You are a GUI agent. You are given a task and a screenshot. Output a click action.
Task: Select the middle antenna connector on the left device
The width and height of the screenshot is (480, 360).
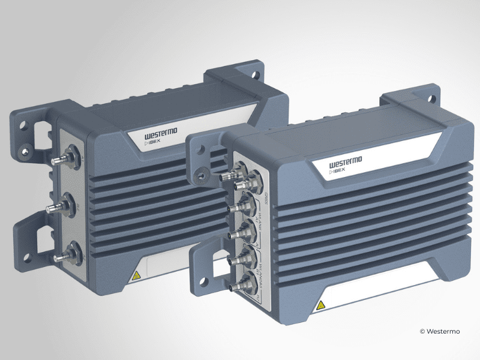click(56, 208)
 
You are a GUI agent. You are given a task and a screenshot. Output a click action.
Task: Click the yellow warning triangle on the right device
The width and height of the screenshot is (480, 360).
click(321, 305)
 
